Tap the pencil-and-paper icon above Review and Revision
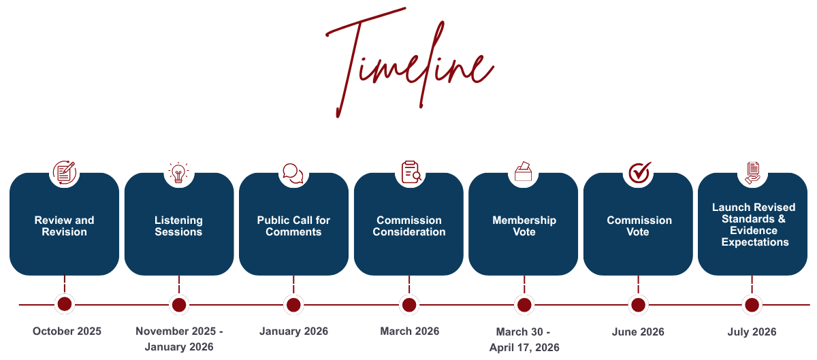(64, 173)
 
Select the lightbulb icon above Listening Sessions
(178, 173)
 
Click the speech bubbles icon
(293, 174)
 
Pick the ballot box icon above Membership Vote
(524, 171)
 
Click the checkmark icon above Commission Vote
(639, 173)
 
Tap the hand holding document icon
(752, 173)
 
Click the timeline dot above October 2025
(65, 304)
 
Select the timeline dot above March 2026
(409, 305)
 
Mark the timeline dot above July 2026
(752, 305)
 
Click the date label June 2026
(638, 332)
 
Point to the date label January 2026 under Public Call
(293, 331)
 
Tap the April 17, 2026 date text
(524, 348)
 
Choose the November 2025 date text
(176, 331)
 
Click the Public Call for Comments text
(293, 226)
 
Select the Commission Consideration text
(409, 226)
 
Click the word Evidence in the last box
(754, 231)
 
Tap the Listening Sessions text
(178, 226)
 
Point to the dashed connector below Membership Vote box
(524, 284)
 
